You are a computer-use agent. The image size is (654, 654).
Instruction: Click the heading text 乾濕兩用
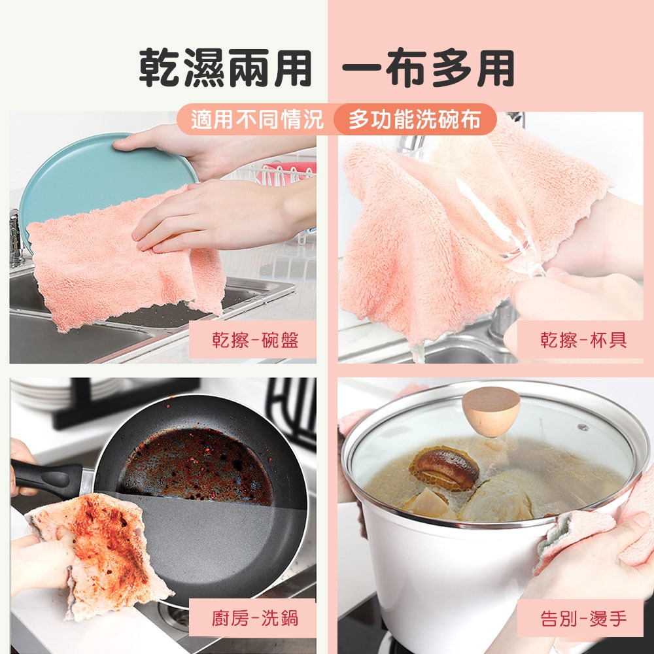pos(225,69)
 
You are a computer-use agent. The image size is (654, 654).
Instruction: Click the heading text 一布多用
pos(428,69)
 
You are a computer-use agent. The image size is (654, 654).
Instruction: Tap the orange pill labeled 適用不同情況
pos(257,120)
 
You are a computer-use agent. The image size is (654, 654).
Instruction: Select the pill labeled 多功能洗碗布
pos(415,120)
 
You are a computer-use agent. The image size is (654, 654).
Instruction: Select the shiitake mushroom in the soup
pos(445,467)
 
